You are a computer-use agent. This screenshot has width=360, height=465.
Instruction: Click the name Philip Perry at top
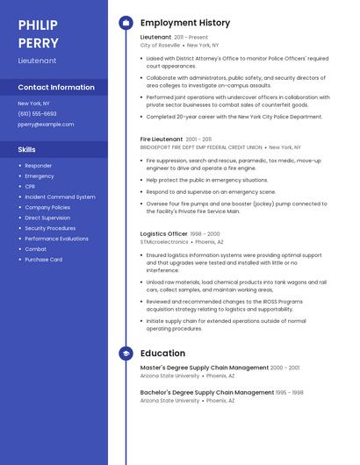[39, 33]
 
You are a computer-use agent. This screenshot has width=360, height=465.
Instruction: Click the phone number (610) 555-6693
[37, 113]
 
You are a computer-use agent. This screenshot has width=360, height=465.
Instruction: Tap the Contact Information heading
[56, 88]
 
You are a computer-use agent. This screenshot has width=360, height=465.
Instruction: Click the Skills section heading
[27, 149]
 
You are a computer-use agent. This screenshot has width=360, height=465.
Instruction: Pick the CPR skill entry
[30, 186]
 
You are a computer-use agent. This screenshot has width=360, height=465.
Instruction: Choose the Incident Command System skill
[60, 197]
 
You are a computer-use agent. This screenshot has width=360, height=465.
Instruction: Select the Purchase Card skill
[43, 260]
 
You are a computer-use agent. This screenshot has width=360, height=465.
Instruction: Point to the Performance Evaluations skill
[56, 239]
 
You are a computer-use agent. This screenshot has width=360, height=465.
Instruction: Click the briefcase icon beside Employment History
[126, 23]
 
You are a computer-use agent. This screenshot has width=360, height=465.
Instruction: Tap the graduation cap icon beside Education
[126, 354]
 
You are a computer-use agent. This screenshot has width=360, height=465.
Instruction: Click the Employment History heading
[185, 23]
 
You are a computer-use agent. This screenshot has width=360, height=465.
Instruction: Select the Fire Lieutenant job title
[162, 139]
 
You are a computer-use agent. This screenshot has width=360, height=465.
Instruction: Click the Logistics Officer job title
[164, 233]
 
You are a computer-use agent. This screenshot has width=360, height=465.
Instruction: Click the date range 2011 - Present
[191, 37]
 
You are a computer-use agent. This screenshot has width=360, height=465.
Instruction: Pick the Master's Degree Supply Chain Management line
[205, 368]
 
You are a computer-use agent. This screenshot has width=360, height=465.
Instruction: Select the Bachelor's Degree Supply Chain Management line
[207, 392]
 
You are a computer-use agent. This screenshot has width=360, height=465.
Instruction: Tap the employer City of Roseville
[160, 45]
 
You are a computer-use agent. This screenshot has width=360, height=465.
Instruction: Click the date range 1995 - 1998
[290, 392]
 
